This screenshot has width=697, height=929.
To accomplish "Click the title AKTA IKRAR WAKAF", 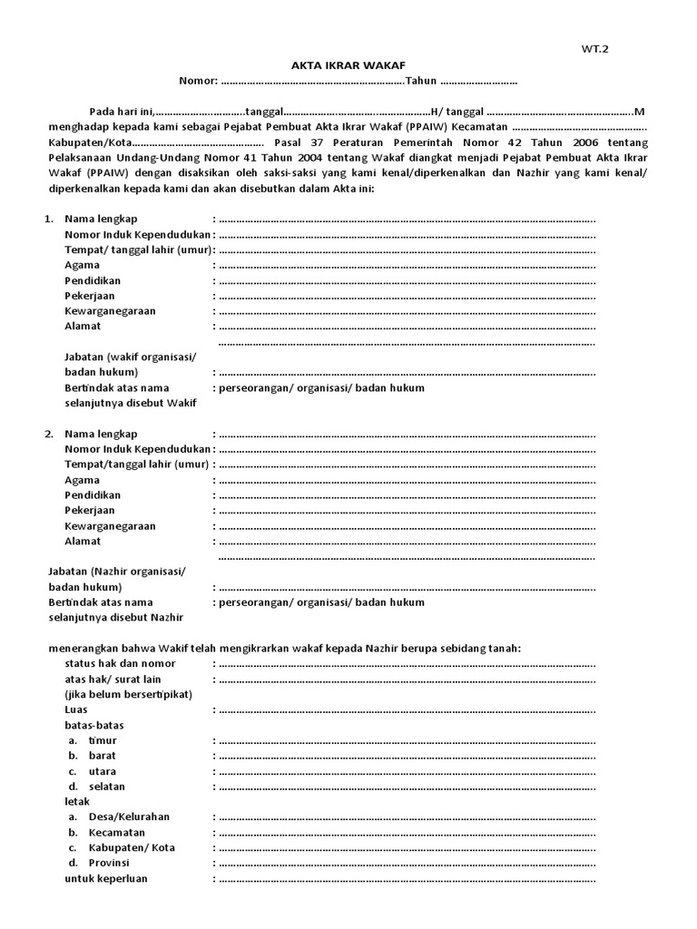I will click(x=348, y=66).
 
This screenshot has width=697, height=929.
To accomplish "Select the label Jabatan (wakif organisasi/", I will click(x=130, y=357).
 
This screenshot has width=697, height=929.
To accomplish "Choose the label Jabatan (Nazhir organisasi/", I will click(x=115, y=572).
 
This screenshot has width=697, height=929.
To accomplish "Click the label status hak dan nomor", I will click(x=120, y=663).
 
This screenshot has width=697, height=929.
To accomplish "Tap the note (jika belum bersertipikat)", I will click(x=128, y=694).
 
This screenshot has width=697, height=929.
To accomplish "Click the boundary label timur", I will click(x=103, y=740).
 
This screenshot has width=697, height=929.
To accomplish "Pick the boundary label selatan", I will click(x=106, y=787).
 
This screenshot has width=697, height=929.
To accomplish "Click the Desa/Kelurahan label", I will click(x=129, y=817).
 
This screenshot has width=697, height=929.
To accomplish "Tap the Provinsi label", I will click(x=109, y=863).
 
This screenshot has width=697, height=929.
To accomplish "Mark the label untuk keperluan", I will click(x=106, y=878).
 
